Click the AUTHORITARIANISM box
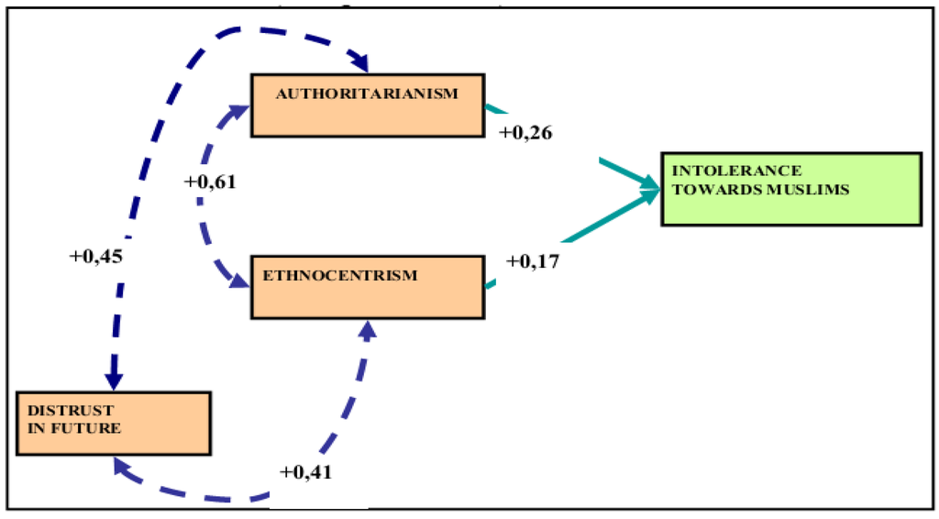tap(367, 105)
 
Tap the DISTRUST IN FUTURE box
tap(112, 423)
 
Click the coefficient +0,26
tap(525, 133)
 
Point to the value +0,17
tap(533, 261)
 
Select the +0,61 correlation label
tap(210, 182)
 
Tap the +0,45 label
tap(95, 256)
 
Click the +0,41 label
tap(305, 473)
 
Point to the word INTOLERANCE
tap(737, 171)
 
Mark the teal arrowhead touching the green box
tap(651, 190)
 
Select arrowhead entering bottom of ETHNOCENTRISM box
tap(368, 329)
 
